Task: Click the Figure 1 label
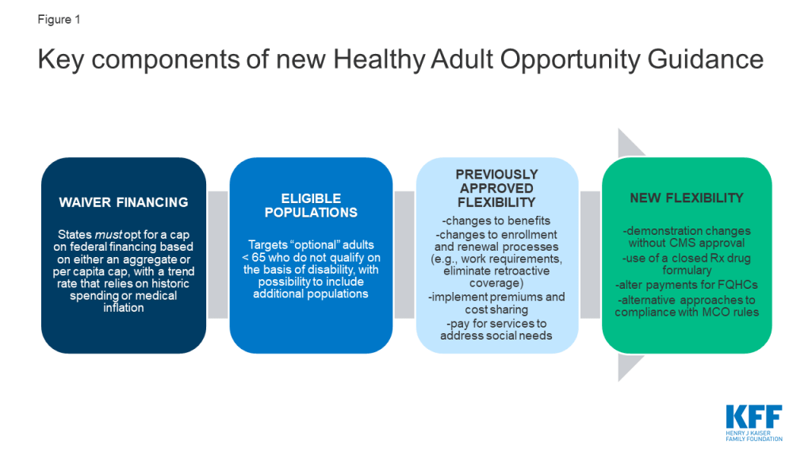pyautogui.click(x=59, y=20)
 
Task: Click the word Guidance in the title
pyautogui.click(x=705, y=59)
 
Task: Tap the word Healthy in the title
pyautogui.click(x=380, y=59)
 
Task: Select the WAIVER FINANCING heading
pyautogui.click(x=123, y=202)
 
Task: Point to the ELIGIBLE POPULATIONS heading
pyautogui.click(x=311, y=205)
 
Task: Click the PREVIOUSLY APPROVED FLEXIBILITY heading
pyautogui.click(x=496, y=188)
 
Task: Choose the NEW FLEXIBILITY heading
pyautogui.click(x=687, y=198)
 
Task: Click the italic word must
pyautogui.click(x=109, y=235)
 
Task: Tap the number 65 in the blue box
pyautogui.click(x=259, y=258)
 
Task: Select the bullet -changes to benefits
pyautogui.click(x=496, y=221)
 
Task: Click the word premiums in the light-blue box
pyautogui.click(x=515, y=298)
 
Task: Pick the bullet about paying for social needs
pyautogui.click(x=496, y=329)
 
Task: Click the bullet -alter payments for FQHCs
pyautogui.click(x=687, y=285)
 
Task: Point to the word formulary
pyautogui.click(x=687, y=271)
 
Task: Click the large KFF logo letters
pyautogui.click(x=754, y=417)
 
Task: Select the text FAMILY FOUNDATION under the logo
pyautogui.click(x=754, y=439)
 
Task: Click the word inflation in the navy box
pyautogui.click(x=123, y=308)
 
